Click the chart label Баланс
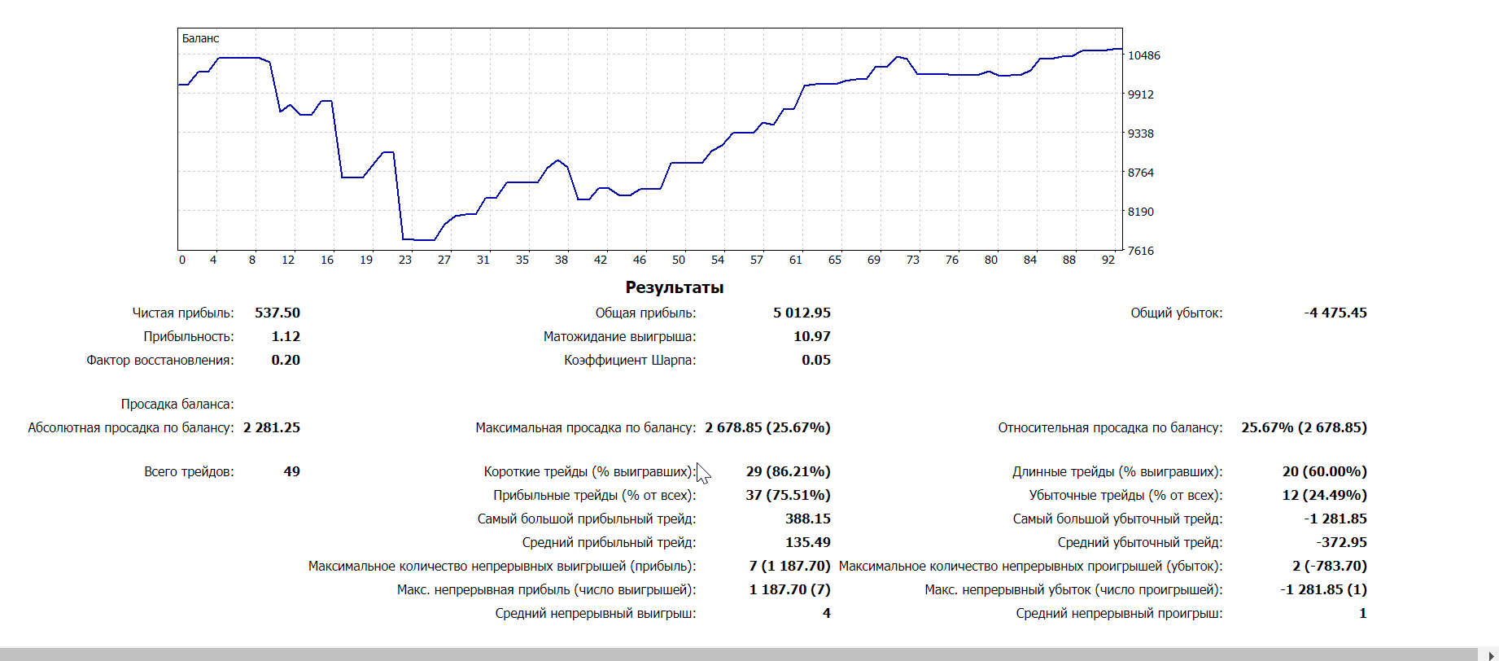click(x=200, y=38)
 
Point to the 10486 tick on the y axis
click(x=1143, y=55)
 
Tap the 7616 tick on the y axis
click(x=1140, y=251)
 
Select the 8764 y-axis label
click(x=1140, y=173)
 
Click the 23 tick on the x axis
click(x=405, y=260)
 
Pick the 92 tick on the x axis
click(x=1108, y=260)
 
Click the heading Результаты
click(x=674, y=287)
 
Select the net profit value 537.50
click(x=277, y=313)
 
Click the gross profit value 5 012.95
click(x=802, y=313)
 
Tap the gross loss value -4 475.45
click(x=1335, y=313)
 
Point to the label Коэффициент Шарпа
click(x=630, y=360)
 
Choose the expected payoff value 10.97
click(x=811, y=336)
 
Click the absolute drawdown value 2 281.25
click(x=271, y=427)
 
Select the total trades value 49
click(x=291, y=471)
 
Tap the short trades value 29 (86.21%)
click(x=788, y=471)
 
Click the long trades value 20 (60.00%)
click(x=1324, y=471)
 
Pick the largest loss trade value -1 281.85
click(x=1335, y=519)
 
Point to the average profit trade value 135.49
click(x=807, y=542)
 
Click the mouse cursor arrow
click(x=703, y=473)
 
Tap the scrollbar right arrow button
click(x=1491, y=655)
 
